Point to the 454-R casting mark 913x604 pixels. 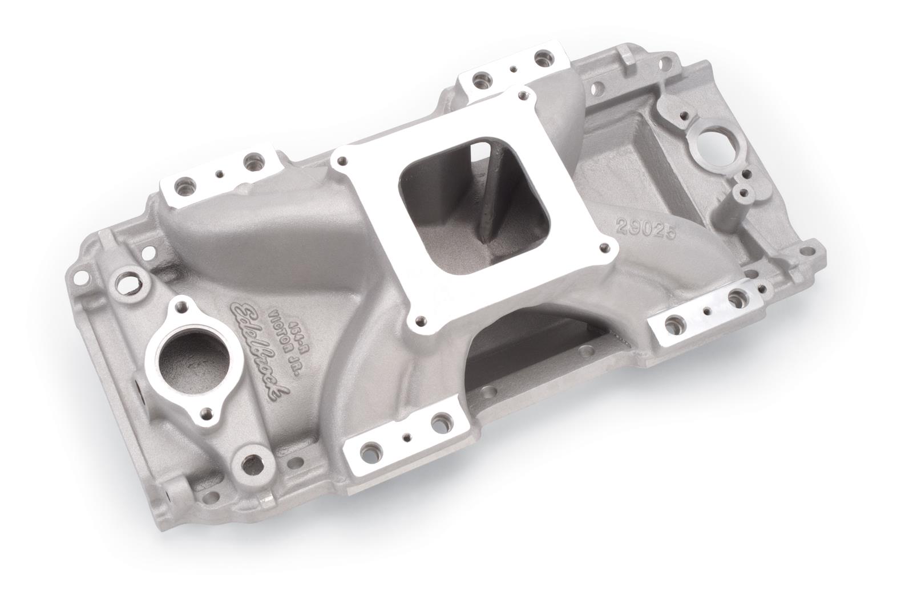[291, 319]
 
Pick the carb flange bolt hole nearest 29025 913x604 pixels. [603, 247]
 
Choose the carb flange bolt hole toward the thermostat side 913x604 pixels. [344, 162]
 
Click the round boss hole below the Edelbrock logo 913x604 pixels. [248, 456]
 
